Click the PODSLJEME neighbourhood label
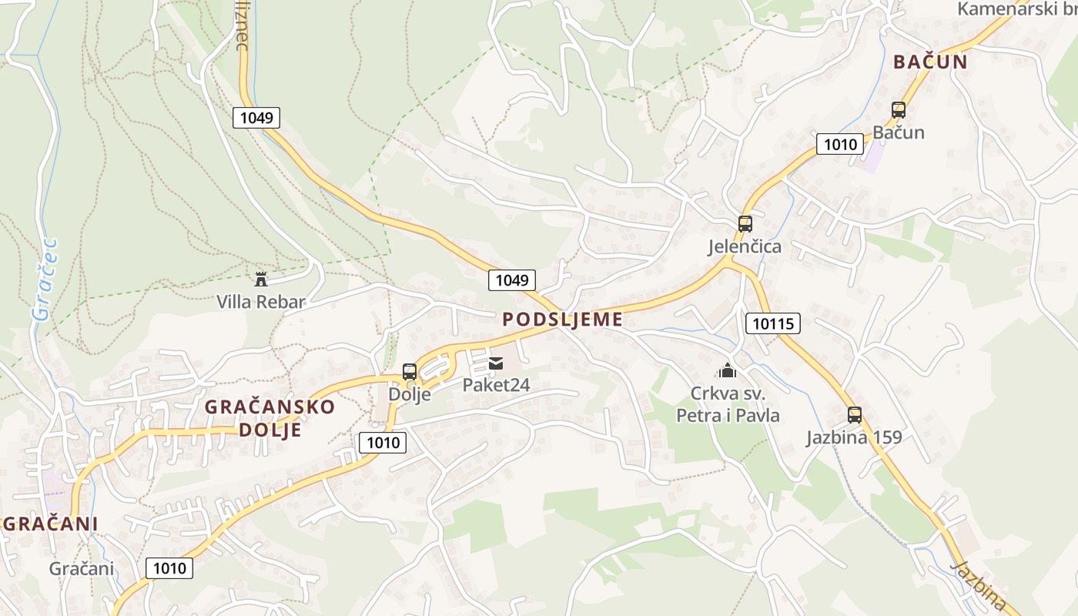tap(562, 320)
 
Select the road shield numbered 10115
tap(773, 323)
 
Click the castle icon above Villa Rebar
tap(261, 279)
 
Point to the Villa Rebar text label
tap(261, 302)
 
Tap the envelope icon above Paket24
tap(496, 363)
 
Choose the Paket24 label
tap(496, 384)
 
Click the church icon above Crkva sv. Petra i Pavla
tap(728, 370)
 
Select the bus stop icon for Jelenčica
tap(745, 224)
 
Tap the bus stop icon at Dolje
tap(410, 372)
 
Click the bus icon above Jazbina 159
tap(854, 415)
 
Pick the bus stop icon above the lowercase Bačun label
tap(898, 110)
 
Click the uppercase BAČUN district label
tap(930, 62)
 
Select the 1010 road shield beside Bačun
tap(839, 144)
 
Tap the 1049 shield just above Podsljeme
tap(511, 280)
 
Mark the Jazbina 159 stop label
tap(854, 437)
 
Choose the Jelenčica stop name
tap(745, 246)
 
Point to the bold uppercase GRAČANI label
tap(51, 524)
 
